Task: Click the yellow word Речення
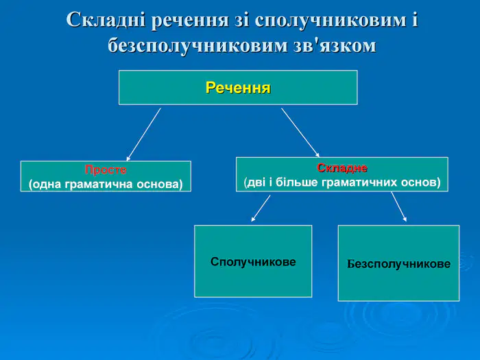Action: (238, 88)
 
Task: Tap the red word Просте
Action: (106, 169)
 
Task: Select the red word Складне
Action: (342, 168)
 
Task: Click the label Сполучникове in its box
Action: (253, 262)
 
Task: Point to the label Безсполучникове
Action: (398, 264)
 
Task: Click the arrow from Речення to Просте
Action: (143, 134)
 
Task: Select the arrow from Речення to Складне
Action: (300, 132)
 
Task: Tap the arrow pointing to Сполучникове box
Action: (261, 208)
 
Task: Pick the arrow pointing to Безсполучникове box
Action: (399, 206)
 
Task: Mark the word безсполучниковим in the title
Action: (197, 47)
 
